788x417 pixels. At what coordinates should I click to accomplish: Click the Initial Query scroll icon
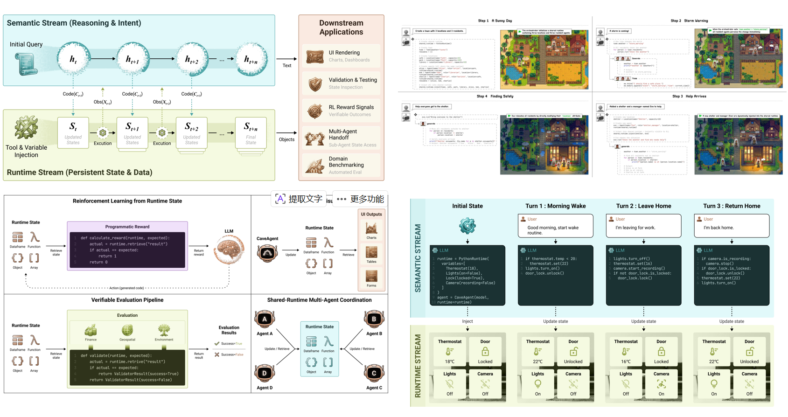coord(26,63)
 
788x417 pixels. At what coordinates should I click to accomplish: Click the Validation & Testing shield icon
coord(315,84)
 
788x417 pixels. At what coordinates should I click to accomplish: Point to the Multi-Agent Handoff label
coord(343,134)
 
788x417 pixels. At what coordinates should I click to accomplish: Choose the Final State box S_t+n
coord(251,133)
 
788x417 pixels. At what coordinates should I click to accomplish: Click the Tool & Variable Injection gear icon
coord(26,128)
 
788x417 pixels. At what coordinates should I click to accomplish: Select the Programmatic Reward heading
coord(127,227)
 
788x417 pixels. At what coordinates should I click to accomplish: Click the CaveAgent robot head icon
coord(267,253)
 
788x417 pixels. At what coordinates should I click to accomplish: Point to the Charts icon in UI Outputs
coord(371,228)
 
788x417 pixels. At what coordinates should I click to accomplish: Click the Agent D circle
coord(265,373)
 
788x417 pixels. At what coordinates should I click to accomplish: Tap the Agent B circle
coord(374,319)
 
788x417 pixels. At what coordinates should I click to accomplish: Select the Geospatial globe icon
coord(127,330)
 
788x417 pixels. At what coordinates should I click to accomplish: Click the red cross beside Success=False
coord(217,354)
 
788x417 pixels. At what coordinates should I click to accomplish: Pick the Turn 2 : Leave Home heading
coord(643,206)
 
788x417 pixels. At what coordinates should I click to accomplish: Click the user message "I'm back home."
coord(718,228)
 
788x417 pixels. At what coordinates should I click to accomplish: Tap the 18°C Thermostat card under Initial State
coord(450,351)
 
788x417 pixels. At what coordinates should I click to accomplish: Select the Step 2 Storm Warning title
coord(689,21)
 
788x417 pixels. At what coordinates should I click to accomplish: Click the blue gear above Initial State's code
coord(467,226)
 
